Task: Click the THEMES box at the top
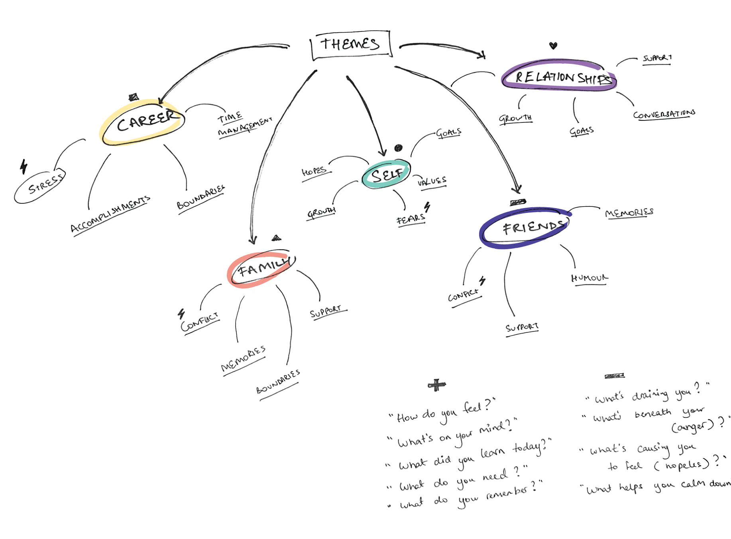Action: point(350,44)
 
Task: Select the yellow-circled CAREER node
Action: point(145,122)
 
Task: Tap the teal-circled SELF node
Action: point(386,174)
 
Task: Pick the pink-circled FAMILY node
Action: point(262,269)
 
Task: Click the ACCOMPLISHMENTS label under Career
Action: point(110,214)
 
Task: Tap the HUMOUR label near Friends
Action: point(589,278)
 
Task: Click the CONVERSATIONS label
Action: point(664,114)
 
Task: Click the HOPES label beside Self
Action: point(314,171)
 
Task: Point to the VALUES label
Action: point(432,181)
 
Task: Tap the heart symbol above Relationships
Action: point(553,45)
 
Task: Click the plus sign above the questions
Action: point(436,385)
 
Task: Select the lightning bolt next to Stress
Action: point(24,167)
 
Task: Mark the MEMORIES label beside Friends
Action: point(629,212)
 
